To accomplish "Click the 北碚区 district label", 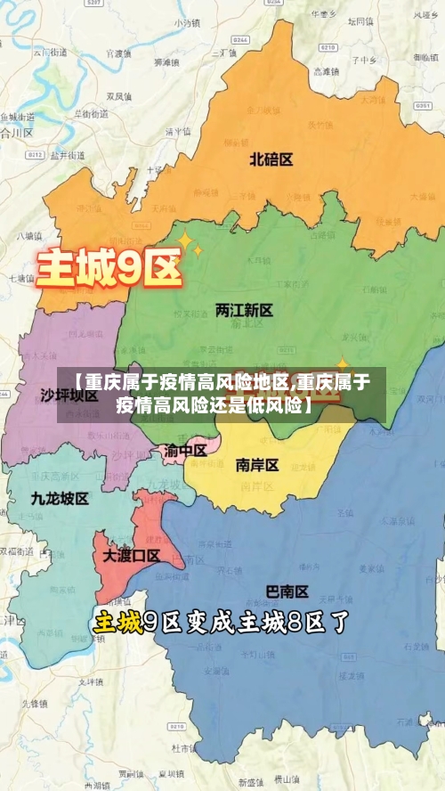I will point(271,159).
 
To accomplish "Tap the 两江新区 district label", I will point(244,311).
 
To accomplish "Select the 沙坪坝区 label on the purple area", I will point(69,395).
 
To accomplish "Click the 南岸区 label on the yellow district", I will point(257,465).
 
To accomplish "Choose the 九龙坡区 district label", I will point(60,498).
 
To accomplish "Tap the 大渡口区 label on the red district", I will point(131,556).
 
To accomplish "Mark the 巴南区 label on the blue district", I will point(287,591).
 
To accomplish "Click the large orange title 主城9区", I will point(109,266).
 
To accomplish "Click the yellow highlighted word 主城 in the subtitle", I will point(118,622).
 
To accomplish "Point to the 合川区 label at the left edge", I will point(16,132).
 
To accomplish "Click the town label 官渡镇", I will point(118,53).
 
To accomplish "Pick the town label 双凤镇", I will point(119,95).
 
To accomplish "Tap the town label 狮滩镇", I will point(167,62).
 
